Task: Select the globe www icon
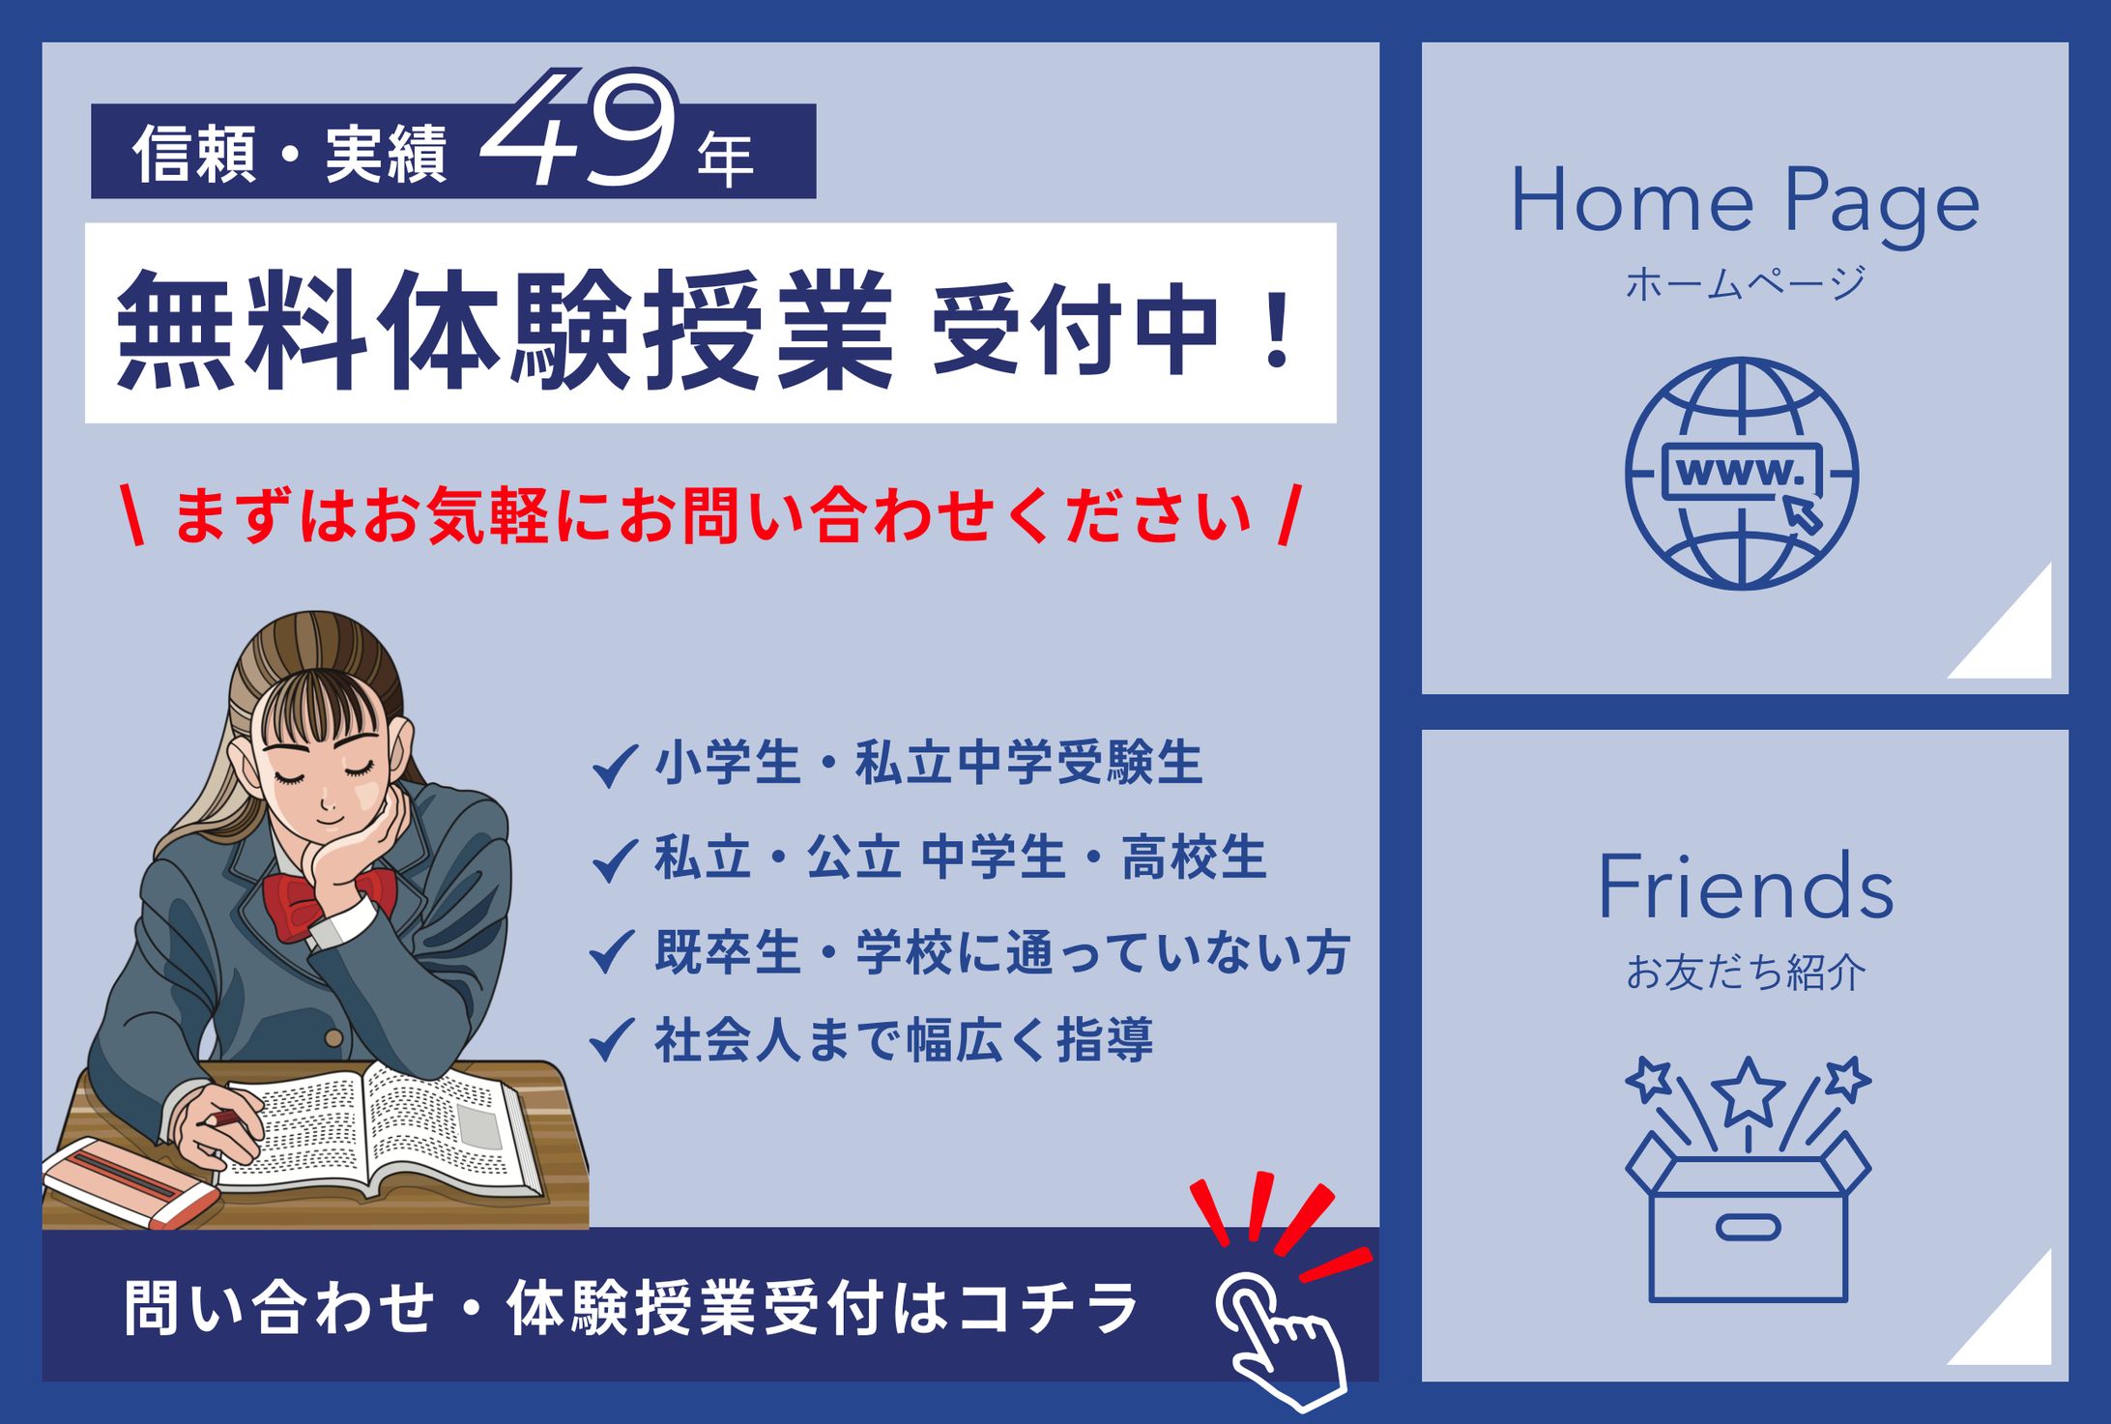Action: point(1742,474)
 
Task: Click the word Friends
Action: point(1745,887)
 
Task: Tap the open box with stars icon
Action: point(1748,1184)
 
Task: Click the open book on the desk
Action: point(387,1131)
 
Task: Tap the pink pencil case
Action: point(130,1179)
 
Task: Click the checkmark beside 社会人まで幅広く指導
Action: point(613,1040)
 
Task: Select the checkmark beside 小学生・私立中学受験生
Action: point(613,765)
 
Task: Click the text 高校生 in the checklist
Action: point(1195,857)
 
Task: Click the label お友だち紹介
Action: point(1745,973)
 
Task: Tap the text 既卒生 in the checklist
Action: point(727,952)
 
